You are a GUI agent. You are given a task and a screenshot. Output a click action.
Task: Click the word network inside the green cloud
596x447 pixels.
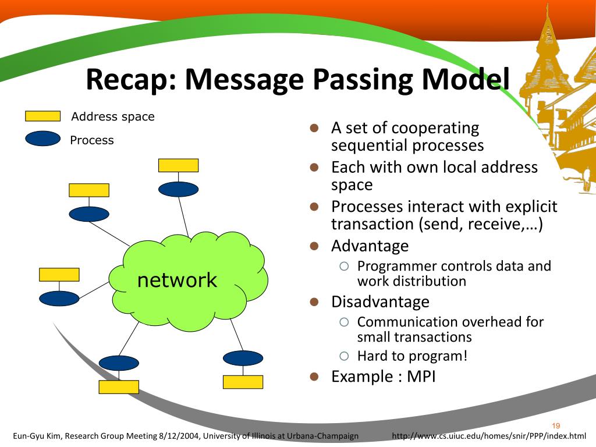click(x=177, y=280)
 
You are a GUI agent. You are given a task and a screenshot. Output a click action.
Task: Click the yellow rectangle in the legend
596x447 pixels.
click(x=42, y=116)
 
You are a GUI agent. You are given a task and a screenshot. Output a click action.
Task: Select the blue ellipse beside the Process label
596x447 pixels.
click(x=42, y=139)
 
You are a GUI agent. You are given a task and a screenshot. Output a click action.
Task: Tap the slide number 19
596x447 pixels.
click(x=555, y=425)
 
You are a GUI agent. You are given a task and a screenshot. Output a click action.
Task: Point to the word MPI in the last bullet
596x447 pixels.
click(x=421, y=376)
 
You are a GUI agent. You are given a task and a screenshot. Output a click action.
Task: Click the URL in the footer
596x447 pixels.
click(x=489, y=436)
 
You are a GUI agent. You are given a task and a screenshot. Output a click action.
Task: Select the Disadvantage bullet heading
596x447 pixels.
click(x=380, y=301)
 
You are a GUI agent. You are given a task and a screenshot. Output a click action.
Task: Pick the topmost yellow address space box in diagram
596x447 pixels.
click(x=178, y=165)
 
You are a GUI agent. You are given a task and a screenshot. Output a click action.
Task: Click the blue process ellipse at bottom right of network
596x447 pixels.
click(x=243, y=358)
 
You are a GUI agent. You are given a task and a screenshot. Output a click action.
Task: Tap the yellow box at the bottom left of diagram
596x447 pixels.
click(x=119, y=386)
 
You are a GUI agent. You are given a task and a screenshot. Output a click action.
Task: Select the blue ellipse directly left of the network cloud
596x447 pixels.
click(x=59, y=298)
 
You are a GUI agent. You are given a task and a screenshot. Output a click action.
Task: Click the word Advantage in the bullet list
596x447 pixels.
click(x=370, y=246)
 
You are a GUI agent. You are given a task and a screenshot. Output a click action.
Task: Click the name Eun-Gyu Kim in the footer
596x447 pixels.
click(x=35, y=436)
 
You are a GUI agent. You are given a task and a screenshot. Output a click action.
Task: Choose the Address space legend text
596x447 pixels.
click(x=113, y=116)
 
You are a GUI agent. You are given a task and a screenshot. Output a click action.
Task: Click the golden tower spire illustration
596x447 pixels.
click(x=547, y=35)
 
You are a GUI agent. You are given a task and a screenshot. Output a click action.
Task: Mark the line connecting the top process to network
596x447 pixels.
click(x=183, y=216)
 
